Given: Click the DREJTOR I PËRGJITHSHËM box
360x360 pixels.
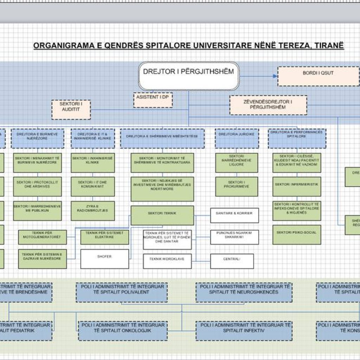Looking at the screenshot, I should [188, 76].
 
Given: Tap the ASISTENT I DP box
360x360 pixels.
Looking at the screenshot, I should [153, 100].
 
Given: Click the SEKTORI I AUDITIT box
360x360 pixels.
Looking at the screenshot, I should [71, 109].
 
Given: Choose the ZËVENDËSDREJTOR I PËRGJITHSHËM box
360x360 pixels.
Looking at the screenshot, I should [268, 105].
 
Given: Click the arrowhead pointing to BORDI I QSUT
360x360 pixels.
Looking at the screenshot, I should [275, 76].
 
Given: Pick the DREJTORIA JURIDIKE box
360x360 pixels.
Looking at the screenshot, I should [237, 138].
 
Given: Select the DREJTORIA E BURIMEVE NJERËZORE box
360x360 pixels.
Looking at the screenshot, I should [38, 138].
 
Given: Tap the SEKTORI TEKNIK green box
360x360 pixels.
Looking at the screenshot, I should [162, 215].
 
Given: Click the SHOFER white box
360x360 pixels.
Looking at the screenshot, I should [104, 259].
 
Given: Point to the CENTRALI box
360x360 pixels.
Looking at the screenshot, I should [232, 261].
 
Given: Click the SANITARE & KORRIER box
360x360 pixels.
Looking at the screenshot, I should [234, 215].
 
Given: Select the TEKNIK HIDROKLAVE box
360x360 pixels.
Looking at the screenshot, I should [167, 261].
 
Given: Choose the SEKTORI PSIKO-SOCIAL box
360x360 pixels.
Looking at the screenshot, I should [297, 234].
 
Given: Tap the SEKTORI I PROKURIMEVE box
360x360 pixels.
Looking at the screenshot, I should [237, 186].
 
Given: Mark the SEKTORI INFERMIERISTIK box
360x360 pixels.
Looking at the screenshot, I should [297, 186].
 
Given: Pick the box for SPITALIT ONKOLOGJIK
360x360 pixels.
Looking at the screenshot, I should [123, 330].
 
